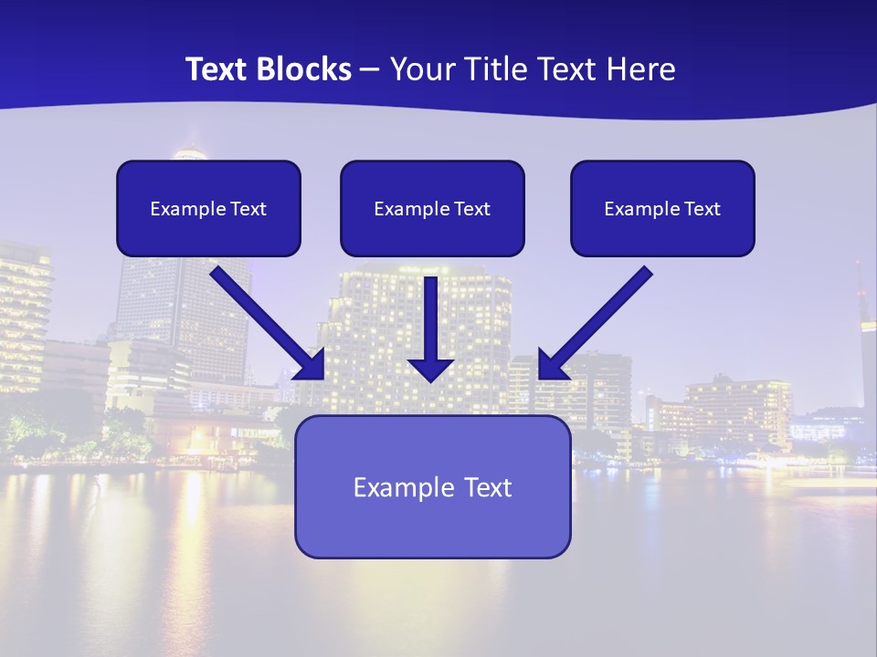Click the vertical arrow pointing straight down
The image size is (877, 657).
(x=430, y=324)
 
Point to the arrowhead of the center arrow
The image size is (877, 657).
(x=430, y=369)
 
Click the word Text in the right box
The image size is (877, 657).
(x=702, y=209)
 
